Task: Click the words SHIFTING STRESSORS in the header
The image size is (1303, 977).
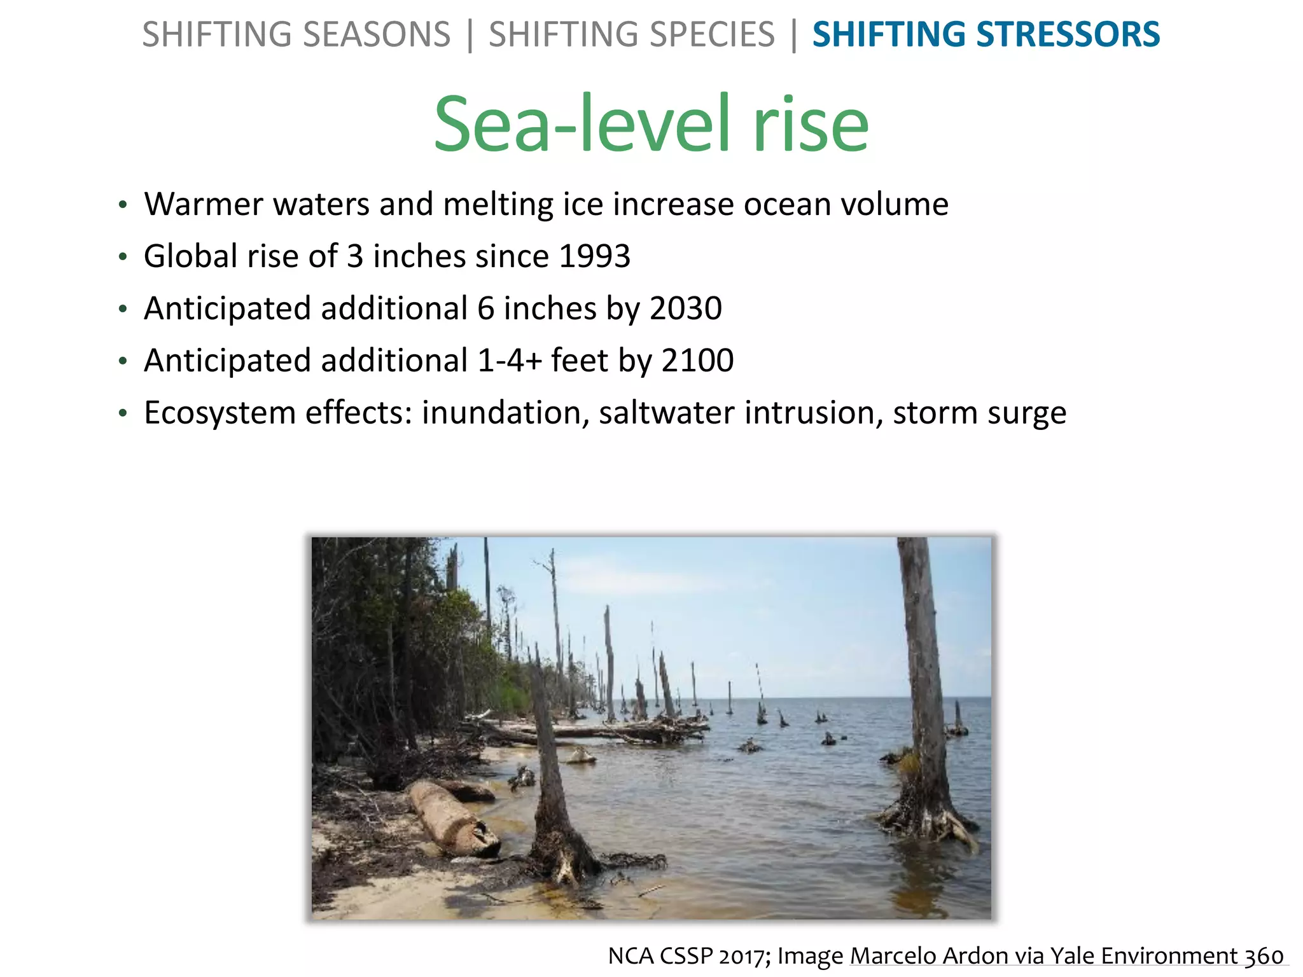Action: pos(986,35)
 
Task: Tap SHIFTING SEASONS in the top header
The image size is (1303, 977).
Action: pos(296,35)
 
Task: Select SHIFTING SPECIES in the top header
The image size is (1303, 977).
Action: pos(632,35)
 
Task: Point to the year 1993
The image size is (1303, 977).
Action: pos(594,256)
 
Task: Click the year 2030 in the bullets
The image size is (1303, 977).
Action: pos(686,308)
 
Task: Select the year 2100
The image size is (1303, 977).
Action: pos(697,361)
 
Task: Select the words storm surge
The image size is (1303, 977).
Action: pos(980,413)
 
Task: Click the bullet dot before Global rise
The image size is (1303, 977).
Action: pos(123,258)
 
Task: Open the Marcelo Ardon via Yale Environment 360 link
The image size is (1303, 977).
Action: pos(1067,956)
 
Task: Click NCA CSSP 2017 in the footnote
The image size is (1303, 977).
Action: pos(686,956)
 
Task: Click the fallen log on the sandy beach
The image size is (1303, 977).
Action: pos(451,817)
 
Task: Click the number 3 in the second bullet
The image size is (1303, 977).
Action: pos(354,256)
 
